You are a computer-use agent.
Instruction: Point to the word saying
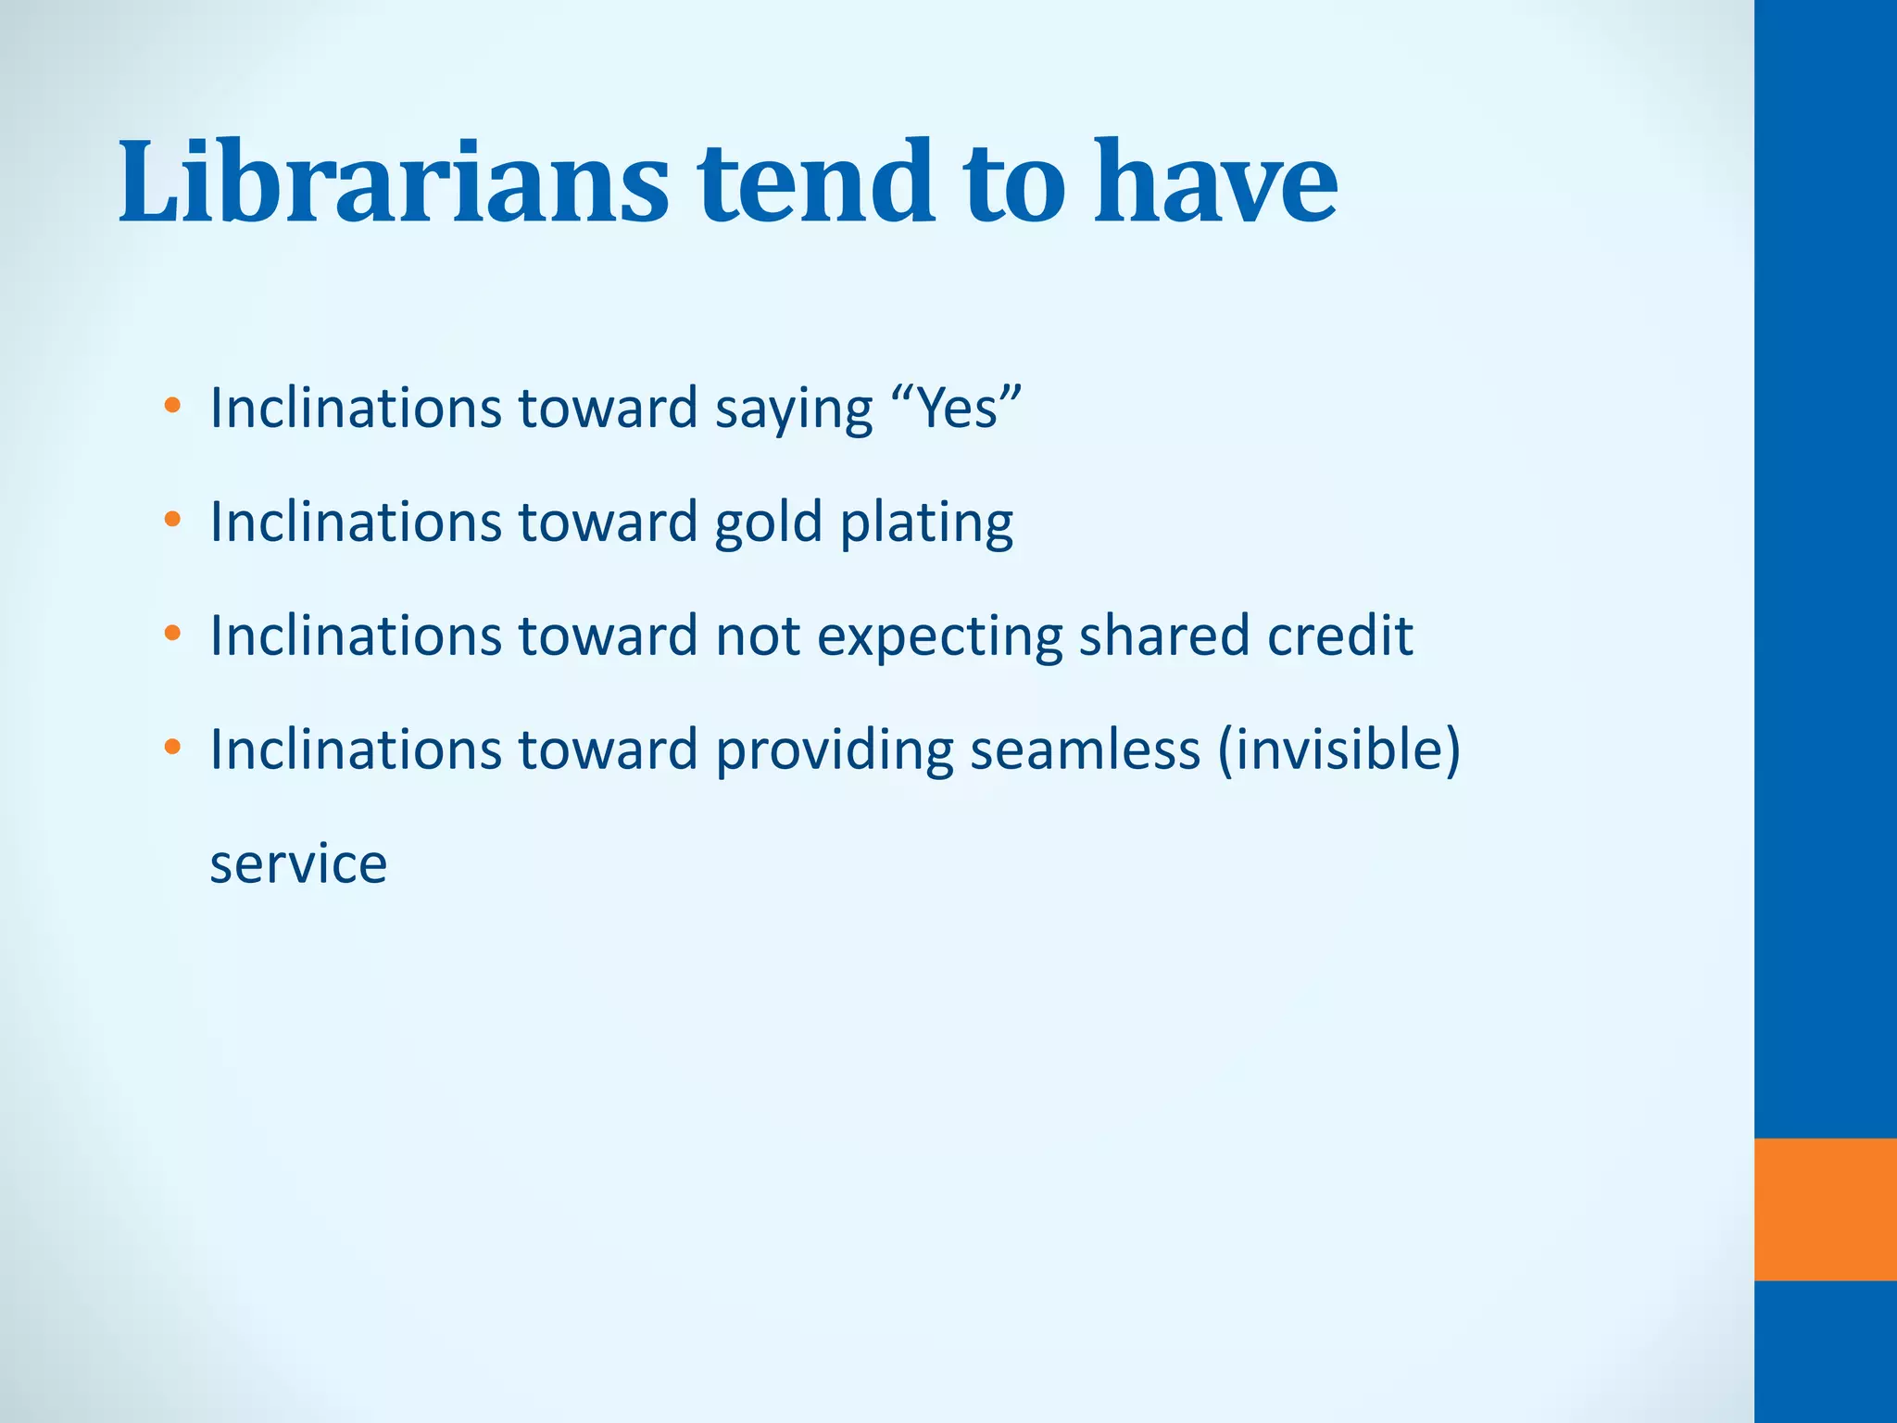pos(794,409)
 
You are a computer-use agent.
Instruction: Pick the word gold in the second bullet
pos(768,523)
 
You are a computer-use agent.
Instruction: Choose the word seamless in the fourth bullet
pos(1085,749)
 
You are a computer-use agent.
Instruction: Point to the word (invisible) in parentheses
pos(1339,749)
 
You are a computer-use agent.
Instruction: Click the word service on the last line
pos(298,863)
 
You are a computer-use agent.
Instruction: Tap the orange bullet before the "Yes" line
pos(172,406)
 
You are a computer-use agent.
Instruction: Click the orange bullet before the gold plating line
pos(172,520)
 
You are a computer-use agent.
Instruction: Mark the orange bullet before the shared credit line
pos(172,634)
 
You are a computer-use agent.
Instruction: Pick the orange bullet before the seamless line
pos(172,747)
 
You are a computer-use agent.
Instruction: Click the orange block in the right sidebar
pos(1825,1209)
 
